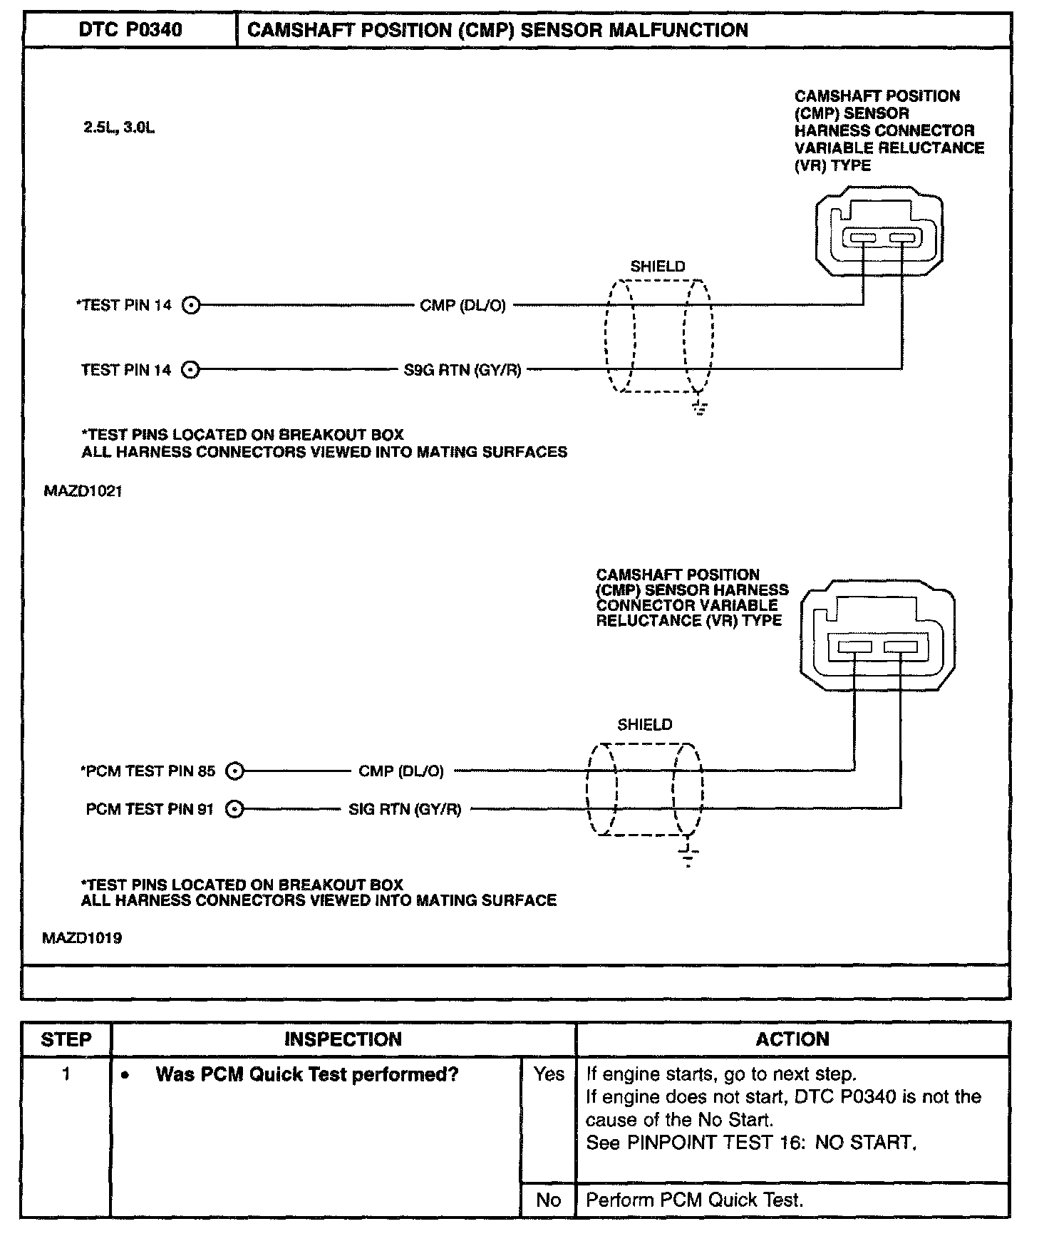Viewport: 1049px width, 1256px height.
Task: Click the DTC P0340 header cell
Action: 130,30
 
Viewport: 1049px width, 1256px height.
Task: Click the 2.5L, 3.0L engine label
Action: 119,128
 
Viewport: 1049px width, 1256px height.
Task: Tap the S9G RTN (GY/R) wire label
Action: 463,370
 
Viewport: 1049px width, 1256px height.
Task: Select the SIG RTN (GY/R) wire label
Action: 405,809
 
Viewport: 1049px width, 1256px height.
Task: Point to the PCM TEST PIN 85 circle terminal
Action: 234,771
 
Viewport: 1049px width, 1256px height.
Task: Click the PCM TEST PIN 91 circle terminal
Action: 234,809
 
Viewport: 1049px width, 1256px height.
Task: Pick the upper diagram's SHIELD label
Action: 657,267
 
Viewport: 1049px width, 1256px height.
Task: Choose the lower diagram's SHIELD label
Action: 644,725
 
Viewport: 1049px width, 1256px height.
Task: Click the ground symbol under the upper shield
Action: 699,408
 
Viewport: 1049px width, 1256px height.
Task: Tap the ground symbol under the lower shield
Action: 688,856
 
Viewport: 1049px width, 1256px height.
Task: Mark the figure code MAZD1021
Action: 83,492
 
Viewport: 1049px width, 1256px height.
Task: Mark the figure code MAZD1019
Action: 82,938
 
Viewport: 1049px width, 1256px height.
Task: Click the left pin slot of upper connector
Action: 862,238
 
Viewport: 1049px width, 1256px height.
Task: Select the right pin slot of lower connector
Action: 900,647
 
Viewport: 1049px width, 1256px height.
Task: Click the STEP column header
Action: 66,1039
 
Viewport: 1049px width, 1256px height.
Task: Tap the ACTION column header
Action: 792,1039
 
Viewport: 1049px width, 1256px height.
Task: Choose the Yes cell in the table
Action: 548,1074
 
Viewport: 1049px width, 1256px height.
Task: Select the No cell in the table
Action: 548,1200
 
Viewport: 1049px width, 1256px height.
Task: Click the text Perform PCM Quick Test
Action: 694,1200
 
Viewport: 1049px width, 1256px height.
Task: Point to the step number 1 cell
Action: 66,1074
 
